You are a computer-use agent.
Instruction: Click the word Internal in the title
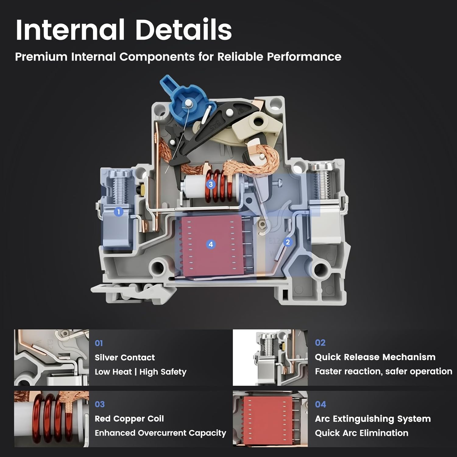(70, 30)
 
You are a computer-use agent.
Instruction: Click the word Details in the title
(184, 30)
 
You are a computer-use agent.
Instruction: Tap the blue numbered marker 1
(119, 212)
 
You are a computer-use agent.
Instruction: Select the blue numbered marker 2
(288, 242)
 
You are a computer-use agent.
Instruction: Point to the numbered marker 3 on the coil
(211, 184)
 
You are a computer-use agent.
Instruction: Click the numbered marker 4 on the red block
(211, 244)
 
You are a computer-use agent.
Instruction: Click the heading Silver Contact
(125, 357)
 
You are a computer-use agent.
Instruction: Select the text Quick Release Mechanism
(375, 357)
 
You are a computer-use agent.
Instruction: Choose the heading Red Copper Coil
(129, 419)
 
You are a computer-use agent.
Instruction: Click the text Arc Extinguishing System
(373, 419)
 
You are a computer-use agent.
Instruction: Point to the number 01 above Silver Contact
(99, 343)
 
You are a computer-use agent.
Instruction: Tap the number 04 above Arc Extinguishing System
(321, 404)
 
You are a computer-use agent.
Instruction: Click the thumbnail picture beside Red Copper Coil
(51, 419)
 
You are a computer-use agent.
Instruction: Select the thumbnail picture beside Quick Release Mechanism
(270, 357)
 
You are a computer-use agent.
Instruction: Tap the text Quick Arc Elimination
(362, 433)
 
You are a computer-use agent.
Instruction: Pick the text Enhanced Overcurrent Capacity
(161, 433)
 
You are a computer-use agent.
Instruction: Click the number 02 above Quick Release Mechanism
(320, 343)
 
